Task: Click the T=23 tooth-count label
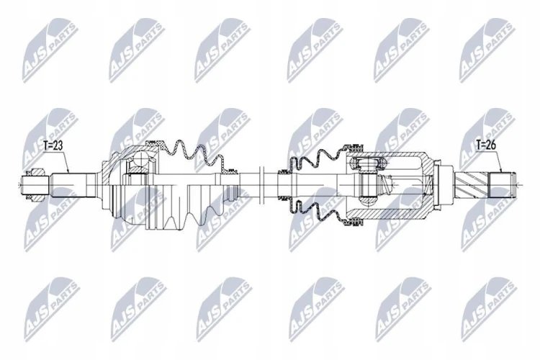(x=53, y=145)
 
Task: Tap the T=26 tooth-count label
(x=486, y=145)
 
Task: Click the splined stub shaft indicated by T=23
(x=68, y=185)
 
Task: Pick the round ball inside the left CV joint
(x=141, y=158)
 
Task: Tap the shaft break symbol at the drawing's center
(x=261, y=184)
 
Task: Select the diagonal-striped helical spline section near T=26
(x=472, y=184)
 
